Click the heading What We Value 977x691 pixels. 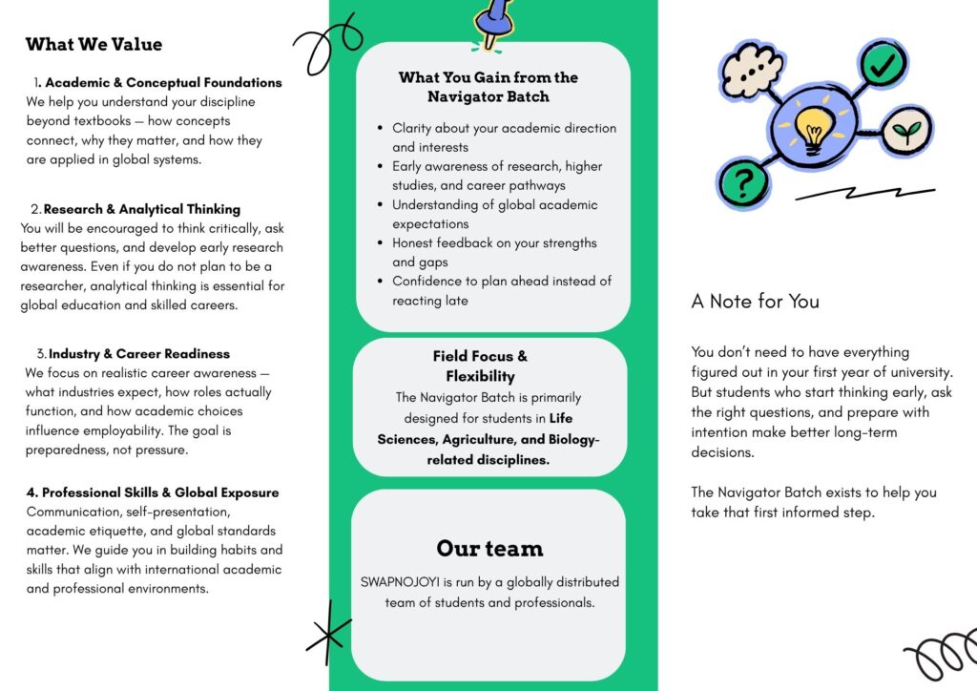pyautogui.click(x=94, y=44)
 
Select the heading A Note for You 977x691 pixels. pyautogui.click(x=755, y=302)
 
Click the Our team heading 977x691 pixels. pyautogui.click(x=489, y=548)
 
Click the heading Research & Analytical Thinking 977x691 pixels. pyautogui.click(x=141, y=209)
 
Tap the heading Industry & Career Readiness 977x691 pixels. pyautogui.click(x=139, y=354)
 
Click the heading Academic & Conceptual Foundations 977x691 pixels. pyautogui.click(x=163, y=83)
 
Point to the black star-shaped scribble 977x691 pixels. pyautogui.click(x=329, y=631)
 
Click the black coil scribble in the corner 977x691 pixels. pyautogui.click(x=940, y=655)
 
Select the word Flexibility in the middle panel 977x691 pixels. pyautogui.click(x=480, y=376)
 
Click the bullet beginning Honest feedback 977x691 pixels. pyautogui.click(x=494, y=243)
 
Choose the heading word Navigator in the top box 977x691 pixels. pyautogui.click(x=466, y=96)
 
